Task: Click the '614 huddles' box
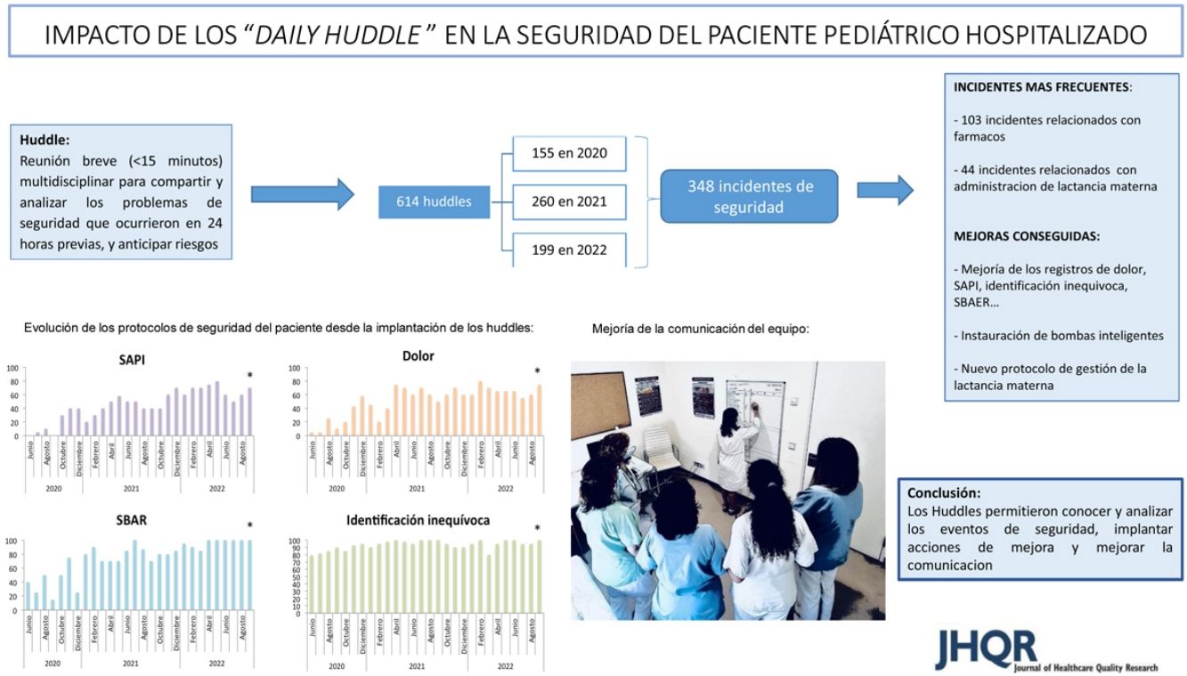click(434, 202)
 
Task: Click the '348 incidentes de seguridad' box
click(749, 196)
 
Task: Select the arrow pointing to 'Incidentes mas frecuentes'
click(884, 189)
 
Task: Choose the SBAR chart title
click(131, 520)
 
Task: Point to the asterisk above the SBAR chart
click(250, 526)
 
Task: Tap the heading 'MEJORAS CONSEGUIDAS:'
click(1013, 237)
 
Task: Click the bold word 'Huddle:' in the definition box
click(44, 140)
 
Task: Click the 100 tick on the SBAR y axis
click(12, 542)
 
